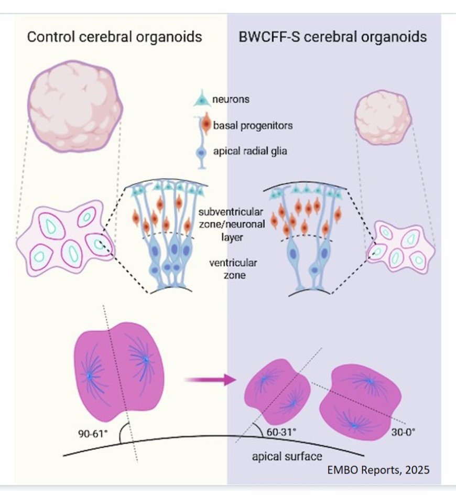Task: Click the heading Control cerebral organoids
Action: pyautogui.click(x=114, y=38)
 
